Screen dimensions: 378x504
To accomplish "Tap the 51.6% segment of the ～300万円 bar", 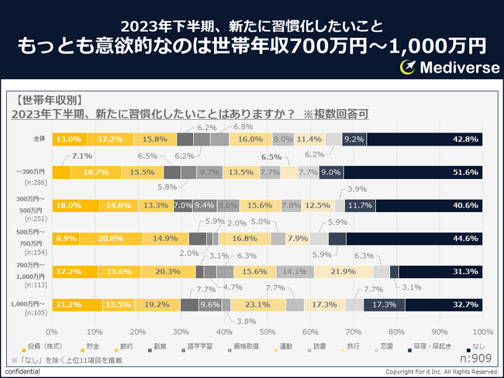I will click(x=413, y=172).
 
